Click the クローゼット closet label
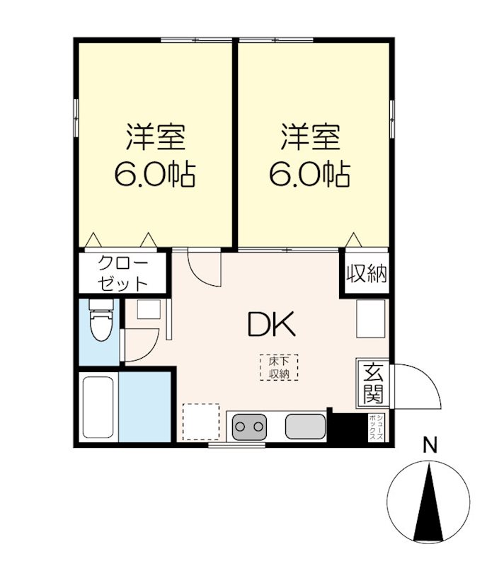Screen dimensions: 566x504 (122, 272)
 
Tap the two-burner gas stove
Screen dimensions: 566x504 (249, 427)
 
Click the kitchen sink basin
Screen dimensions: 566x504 (305, 427)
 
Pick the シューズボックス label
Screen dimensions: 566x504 (375, 427)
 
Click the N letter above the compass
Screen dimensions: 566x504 (429, 446)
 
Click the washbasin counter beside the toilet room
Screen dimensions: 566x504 (149, 312)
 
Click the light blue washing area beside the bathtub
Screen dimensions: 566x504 (146, 406)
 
